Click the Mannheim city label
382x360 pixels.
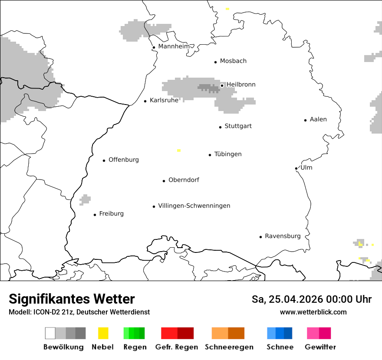point(174,46)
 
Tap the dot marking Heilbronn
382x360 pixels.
point(222,85)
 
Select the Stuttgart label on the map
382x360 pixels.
point(238,126)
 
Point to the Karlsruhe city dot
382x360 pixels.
point(145,101)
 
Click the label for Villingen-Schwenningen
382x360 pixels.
point(194,206)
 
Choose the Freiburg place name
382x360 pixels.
point(111,213)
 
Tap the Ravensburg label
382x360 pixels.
point(283,236)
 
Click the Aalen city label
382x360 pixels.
point(318,119)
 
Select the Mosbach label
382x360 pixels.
point(233,61)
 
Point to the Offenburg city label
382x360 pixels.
point(124,160)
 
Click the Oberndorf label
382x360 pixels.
point(184,180)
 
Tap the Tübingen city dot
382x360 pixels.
point(210,155)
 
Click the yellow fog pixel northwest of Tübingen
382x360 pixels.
point(178,151)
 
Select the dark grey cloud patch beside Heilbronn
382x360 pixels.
point(208,88)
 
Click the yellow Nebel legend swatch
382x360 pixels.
point(103,333)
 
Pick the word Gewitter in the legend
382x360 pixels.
point(320,347)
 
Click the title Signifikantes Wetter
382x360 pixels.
point(72,299)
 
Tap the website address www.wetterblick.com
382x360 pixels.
point(313,312)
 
